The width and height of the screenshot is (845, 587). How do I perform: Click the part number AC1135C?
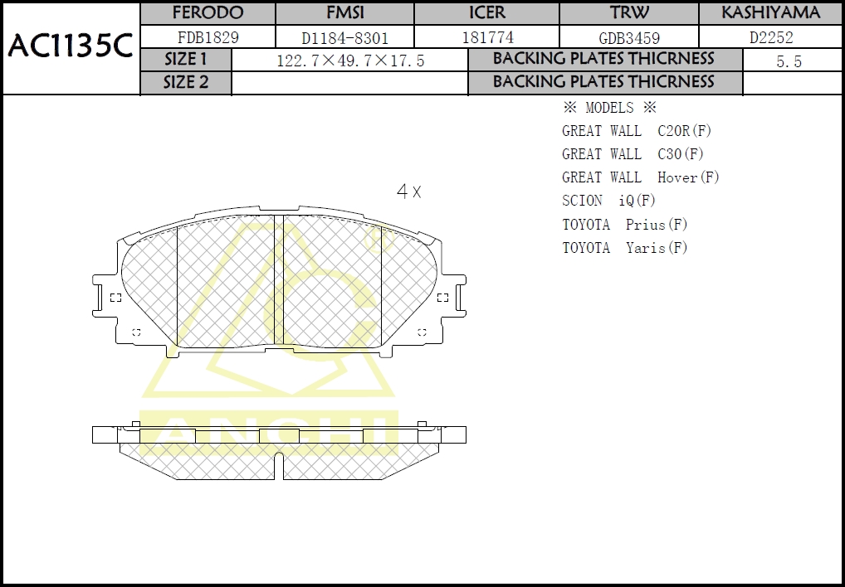tap(71, 46)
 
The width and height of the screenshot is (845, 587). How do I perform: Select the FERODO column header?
tap(208, 13)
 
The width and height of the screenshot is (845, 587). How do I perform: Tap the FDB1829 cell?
tap(208, 37)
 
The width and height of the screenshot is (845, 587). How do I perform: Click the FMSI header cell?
tap(344, 13)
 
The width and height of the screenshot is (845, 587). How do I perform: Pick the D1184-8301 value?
tap(344, 37)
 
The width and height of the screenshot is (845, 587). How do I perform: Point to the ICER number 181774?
tap(486, 37)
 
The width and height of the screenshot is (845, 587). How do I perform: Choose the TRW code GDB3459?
tap(629, 37)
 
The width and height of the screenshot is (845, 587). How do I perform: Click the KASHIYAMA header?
tap(770, 13)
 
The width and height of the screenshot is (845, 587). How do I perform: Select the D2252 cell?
tap(770, 37)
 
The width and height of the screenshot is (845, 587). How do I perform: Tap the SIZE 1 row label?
tap(186, 60)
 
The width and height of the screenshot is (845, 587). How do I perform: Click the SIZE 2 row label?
tap(186, 82)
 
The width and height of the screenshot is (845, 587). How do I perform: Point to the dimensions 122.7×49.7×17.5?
tap(349, 61)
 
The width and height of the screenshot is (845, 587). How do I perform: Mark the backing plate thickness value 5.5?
tap(789, 61)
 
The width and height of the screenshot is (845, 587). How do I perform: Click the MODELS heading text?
tap(609, 108)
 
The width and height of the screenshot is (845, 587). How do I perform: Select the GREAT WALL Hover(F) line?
tap(640, 177)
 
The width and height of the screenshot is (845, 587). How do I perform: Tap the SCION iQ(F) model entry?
tap(608, 201)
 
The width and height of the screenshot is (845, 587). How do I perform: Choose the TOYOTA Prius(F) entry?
tap(624, 225)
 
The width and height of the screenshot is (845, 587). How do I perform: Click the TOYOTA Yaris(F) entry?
tap(624, 248)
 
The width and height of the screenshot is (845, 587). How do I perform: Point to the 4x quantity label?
tap(409, 192)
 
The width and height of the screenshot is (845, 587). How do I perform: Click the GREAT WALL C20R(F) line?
tap(636, 131)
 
